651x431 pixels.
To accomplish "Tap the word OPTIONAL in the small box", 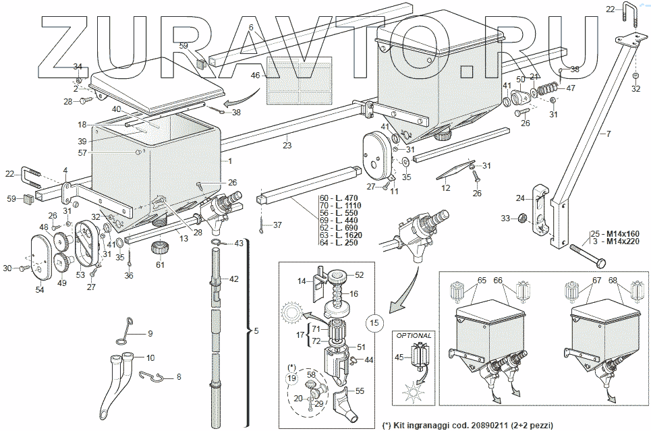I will [x=414, y=335].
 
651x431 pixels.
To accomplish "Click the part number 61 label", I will [x=160, y=264].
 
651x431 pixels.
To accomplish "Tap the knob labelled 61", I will [x=161, y=246].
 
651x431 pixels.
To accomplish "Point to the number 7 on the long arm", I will [x=608, y=134].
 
